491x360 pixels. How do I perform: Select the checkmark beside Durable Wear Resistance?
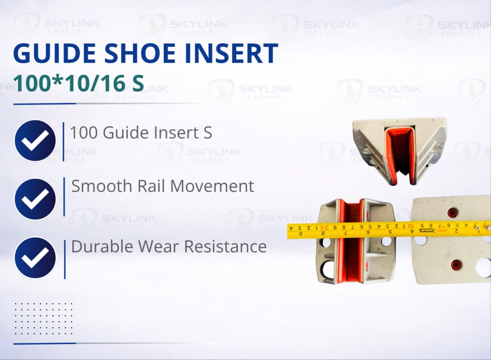(35, 257)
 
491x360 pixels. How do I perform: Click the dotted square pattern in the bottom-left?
(43, 318)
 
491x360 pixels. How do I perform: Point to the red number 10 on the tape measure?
(411, 225)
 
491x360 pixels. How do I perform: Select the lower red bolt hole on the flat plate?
(454, 264)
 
